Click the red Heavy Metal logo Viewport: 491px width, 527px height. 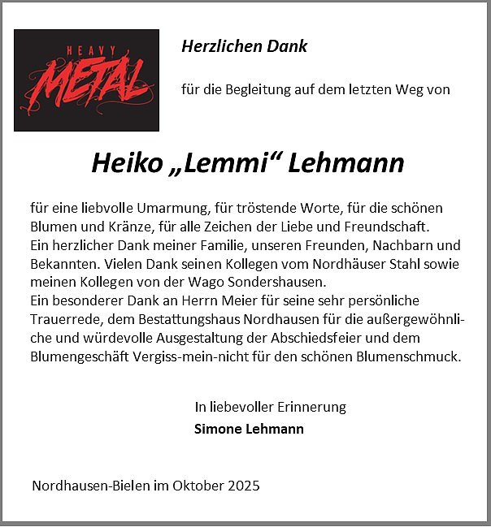pos(86,80)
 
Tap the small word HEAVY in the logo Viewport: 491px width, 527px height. pos(87,50)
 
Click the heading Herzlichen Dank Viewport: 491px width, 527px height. pos(244,46)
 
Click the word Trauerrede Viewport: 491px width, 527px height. pos(63,319)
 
